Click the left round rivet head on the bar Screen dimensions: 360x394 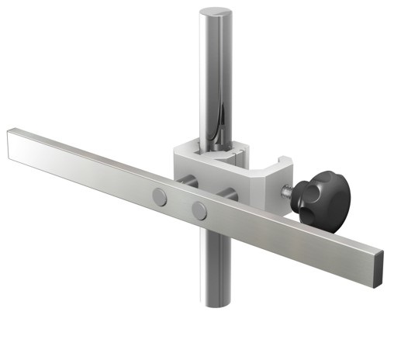[x=160, y=196]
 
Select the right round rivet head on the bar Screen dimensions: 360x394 [x=199, y=209]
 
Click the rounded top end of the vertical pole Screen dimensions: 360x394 [x=215, y=14]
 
